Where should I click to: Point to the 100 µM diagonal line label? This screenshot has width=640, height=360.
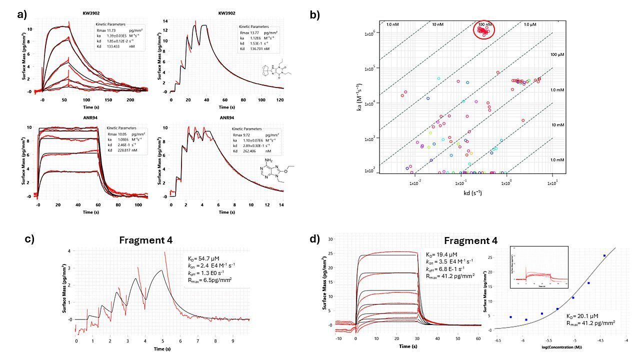pyautogui.click(x=543, y=54)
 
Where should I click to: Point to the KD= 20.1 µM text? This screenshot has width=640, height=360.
pyautogui.click(x=584, y=316)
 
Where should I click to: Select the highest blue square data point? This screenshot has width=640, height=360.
pyautogui.click(x=604, y=255)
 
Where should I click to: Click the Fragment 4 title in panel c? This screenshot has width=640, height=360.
pyautogui.click(x=145, y=240)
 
